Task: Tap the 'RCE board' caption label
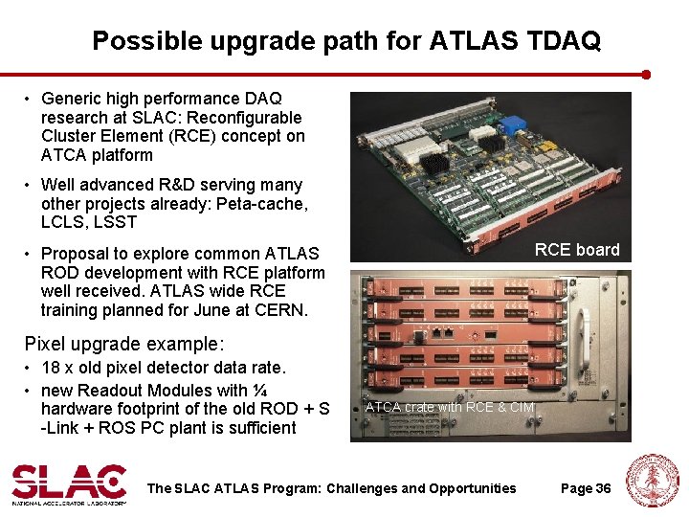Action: pos(577,250)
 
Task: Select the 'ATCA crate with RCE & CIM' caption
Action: pos(450,407)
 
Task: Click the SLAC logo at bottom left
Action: pos(69,483)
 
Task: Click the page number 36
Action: pos(602,488)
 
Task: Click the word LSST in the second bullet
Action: pos(116,222)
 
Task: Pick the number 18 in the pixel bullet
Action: pos(51,368)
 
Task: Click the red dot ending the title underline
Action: pos(646,74)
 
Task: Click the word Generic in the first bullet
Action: pos(72,98)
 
